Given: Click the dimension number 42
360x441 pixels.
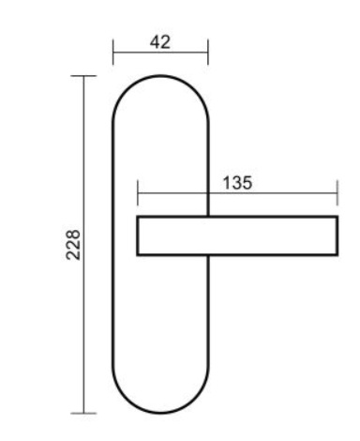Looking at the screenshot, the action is [160, 42].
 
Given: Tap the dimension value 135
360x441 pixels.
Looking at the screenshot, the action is [237, 183].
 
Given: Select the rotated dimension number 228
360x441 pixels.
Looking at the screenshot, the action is [73, 245].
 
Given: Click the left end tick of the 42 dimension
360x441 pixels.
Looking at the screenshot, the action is [113, 52].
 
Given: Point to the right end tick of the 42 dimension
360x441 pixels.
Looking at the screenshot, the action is [208, 52].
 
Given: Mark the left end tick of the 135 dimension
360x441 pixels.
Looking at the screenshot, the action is [138, 193].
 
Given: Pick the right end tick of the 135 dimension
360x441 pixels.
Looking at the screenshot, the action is [337, 193].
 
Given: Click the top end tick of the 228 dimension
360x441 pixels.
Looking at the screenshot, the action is [83, 76].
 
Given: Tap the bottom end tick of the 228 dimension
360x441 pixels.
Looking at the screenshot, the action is [83, 413].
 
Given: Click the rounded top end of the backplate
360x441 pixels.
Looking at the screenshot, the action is [160, 76].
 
